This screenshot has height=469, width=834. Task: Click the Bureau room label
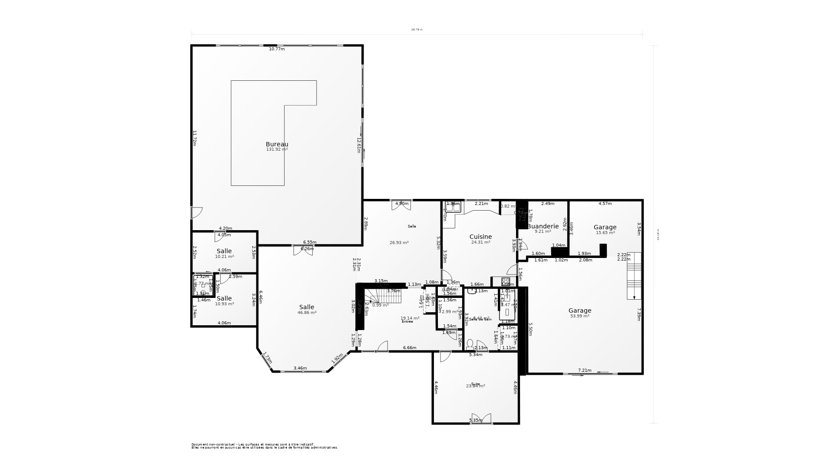[x=277, y=144]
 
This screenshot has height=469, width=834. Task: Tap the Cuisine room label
[x=480, y=237]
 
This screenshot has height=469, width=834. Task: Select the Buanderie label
[x=543, y=226]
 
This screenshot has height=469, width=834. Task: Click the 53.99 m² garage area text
[x=579, y=316]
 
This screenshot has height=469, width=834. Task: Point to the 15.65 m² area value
[x=605, y=233]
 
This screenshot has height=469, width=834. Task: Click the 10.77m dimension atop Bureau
[x=277, y=49]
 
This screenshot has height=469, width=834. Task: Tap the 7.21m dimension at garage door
[x=585, y=370]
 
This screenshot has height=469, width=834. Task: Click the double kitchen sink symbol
[x=453, y=208]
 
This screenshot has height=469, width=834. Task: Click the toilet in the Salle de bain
[x=470, y=345]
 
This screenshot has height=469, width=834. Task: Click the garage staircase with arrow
[x=634, y=276]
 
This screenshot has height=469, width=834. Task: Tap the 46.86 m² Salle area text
[x=307, y=313]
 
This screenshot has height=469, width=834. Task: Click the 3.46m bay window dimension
[x=300, y=368]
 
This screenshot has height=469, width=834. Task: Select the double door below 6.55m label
[x=303, y=251]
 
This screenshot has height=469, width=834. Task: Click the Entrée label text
[x=407, y=322]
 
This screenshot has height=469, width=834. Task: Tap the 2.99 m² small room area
[x=449, y=312]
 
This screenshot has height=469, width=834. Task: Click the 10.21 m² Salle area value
[x=224, y=257]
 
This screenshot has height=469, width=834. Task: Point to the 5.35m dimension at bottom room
[x=476, y=420]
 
